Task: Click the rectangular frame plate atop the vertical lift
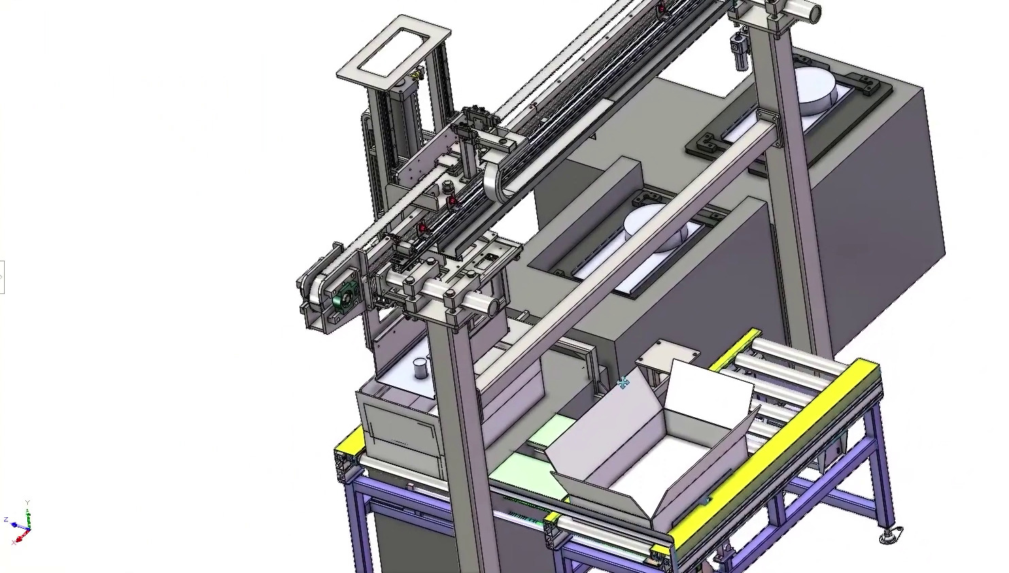click(x=394, y=51)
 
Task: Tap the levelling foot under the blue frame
click(x=889, y=536)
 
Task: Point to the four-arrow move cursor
click(x=623, y=384)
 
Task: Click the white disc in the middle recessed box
click(x=656, y=227)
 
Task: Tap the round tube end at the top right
click(x=811, y=12)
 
